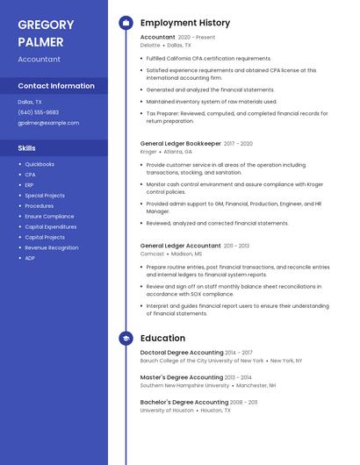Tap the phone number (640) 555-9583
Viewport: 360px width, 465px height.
point(39,112)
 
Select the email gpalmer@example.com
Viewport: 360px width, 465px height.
point(48,123)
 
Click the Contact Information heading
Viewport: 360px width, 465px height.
point(56,86)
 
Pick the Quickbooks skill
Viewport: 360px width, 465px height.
point(40,164)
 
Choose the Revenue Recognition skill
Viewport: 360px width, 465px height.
point(51,247)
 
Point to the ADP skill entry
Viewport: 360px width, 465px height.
point(30,258)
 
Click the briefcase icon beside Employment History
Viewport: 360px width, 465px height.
point(126,23)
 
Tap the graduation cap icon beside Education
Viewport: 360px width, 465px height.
point(126,338)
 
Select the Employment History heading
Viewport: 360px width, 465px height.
point(185,23)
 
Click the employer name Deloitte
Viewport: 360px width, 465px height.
point(150,45)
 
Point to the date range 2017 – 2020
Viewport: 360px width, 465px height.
point(237,144)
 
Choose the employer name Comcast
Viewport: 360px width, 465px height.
point(152,254)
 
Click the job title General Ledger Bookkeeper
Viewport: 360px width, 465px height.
point(180,144)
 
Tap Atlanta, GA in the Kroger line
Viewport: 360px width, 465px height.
point(178,152)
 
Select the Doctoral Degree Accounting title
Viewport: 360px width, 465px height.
point(181,353)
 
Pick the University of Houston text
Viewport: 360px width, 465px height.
point(167,410)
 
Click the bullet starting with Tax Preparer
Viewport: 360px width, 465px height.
point(237,117)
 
